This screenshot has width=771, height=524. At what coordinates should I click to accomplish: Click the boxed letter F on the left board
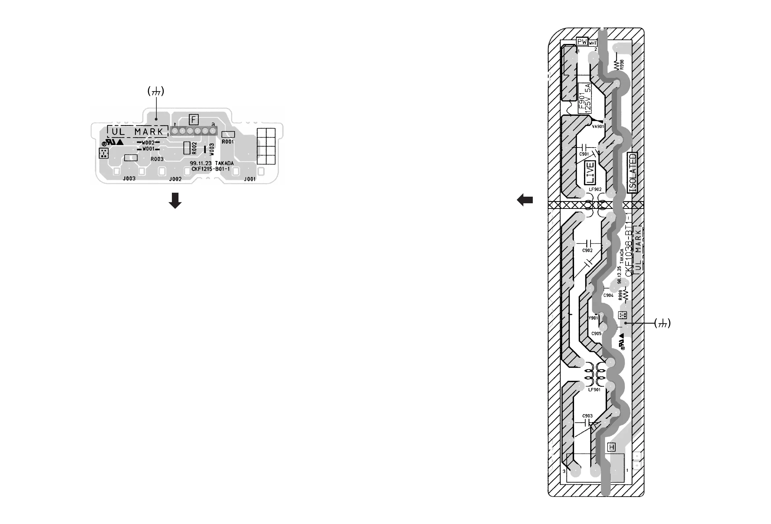[x=193, y=119]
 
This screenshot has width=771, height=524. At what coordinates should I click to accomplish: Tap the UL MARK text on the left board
[x=137, y=132]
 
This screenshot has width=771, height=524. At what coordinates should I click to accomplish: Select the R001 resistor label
[x=228, y=142]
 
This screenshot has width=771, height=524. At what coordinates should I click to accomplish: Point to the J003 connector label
[x=129, y=179]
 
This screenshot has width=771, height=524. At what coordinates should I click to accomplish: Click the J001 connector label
[x=250, y=179]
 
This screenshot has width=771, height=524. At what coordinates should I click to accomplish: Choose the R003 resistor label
[x=157, y=159]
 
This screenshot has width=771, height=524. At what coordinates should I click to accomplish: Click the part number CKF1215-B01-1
[x=210, y=169]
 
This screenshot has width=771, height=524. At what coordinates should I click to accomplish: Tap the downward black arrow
[x=175, y=200]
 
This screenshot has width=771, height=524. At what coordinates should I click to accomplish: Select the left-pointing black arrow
[x=525, y=200]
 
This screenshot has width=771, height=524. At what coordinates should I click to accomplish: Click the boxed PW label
[x=582, y=42]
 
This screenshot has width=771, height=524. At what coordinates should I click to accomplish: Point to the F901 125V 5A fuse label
[x=585, y=98]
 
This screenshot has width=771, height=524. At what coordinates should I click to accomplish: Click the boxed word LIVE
[x=590, y=173]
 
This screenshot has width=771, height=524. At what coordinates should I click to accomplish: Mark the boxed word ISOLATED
[x=633, y=173]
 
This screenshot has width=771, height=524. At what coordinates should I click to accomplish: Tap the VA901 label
[x=598, y=126]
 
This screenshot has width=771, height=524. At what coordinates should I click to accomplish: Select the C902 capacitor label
[x=587, y=250]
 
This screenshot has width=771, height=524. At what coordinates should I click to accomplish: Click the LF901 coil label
[x=594, y=390]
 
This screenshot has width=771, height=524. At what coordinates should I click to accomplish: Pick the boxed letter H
[x=611, y=447]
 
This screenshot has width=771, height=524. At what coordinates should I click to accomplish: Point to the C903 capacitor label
[x=587, y=416]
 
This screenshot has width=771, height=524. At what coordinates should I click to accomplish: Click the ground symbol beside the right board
[x=662, y=323]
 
